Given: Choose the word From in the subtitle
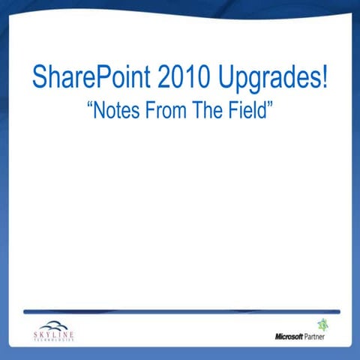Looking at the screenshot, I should (166, 112).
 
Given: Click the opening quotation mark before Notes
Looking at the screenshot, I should (91, 107).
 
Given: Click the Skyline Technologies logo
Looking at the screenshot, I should (55, 330).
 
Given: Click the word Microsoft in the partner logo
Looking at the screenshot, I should (289, 336).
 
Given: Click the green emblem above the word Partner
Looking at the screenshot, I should (323, 325).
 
